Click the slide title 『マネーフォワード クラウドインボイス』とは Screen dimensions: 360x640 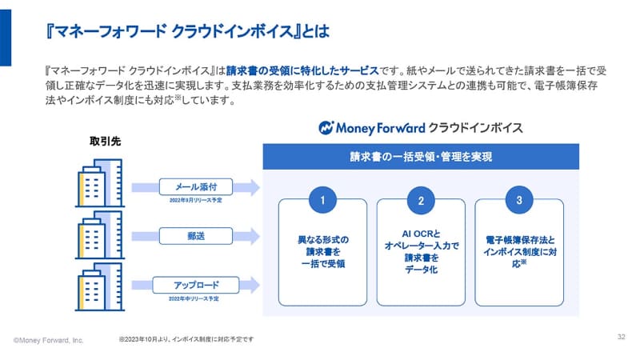coord(179,31)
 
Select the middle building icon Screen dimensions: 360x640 coord(100,235)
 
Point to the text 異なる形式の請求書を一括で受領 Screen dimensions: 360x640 coord(322,250)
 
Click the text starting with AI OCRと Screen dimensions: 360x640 coord(420,251)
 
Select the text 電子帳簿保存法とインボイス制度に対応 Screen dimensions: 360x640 coord(518,250)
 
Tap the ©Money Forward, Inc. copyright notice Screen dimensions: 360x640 coord(49,340)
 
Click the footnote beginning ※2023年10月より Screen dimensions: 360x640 coord(185,339)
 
